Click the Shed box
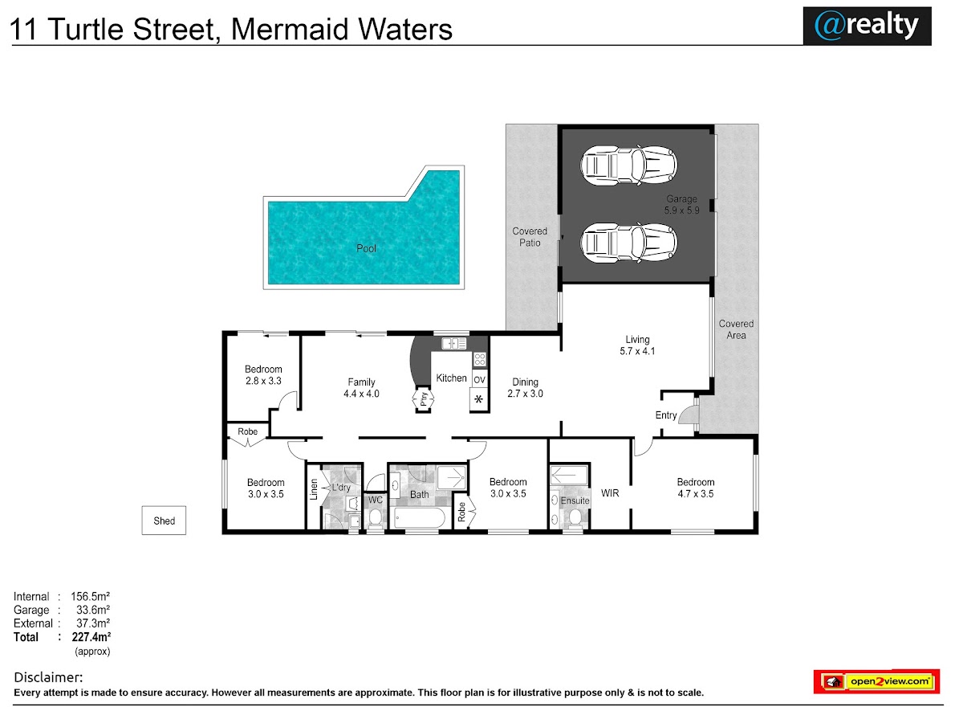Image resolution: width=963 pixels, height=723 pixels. pos(164,521)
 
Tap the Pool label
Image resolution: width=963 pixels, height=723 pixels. pos(366,248)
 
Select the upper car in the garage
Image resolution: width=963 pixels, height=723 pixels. pos(628,166)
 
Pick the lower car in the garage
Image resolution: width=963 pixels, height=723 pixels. pos(628,243)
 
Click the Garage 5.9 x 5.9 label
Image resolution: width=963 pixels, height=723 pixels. pos(681,205)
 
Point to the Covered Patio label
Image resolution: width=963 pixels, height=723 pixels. pos(530,237)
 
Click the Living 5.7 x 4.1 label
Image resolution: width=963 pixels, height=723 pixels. pos(637,345)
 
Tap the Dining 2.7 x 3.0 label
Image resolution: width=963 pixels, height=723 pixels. pos(525,388)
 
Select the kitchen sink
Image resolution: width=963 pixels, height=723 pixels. pos(453,343)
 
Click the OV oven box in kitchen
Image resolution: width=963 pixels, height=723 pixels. pos(480,379)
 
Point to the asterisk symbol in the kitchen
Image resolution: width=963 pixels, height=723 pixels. pos(478,399)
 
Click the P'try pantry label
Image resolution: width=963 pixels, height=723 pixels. pos(424,399)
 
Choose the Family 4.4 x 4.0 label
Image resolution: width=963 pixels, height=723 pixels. pos(361,388)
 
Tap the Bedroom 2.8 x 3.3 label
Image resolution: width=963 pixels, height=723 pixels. pos(263,375)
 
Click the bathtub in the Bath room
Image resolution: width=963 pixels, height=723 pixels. pos(420,518)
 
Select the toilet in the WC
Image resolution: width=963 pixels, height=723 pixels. pos(375,519)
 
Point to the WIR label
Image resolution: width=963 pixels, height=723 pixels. pos(610,493)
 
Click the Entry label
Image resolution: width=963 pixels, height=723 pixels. pos(665,415)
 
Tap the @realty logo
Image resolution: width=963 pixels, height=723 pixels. pos(867,26)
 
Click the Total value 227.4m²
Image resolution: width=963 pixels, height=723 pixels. pos(91,636)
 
